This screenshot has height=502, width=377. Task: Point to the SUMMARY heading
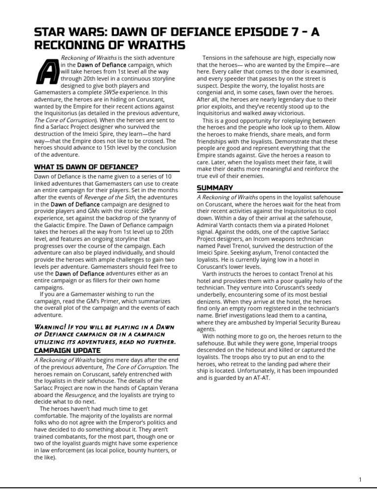(215, 188)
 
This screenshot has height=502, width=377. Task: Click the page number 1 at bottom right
(360, 479)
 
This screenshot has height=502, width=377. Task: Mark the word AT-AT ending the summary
(260, 378)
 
